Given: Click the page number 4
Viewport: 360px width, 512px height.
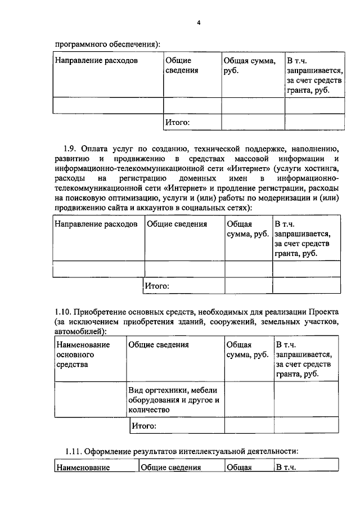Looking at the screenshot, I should click(182, 23).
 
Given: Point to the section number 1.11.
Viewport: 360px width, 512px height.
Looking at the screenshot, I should click(74, 450).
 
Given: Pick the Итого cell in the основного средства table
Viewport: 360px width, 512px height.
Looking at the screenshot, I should click(143, 426).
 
